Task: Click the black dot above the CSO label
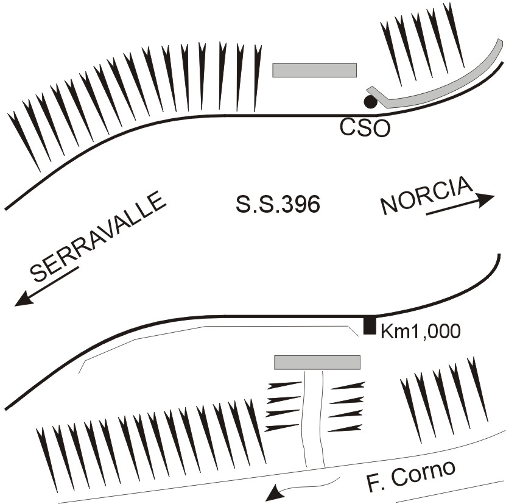click(x=370, y=102)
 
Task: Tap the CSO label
click(x=363, y=128)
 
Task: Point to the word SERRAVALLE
click(x=97, y=237)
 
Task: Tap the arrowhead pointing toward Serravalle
click(x=24, y=299)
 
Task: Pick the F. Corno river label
click(x=411, y=475)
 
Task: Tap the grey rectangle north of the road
click(x=314, y=70)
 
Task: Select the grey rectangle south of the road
click(x=317, y=363)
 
